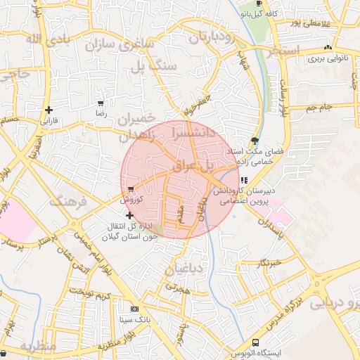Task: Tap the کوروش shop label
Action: [x=131, y=200]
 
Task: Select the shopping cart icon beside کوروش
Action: [x=131, y=189]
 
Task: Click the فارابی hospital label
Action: [x=49, y=121]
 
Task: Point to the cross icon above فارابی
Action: [x=49, y=110]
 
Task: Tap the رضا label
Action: [x=101, y=113]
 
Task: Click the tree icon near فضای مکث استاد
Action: [x=255, y=141]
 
